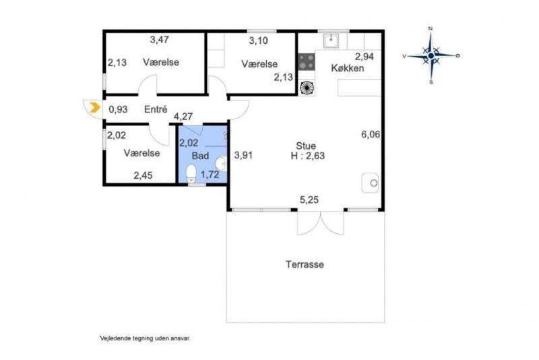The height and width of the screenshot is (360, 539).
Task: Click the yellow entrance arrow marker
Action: [x=94, y=108]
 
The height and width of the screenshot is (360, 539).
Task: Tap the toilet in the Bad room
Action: [x=191, y=174]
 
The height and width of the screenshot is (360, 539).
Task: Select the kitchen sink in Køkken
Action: [x=331, y=40]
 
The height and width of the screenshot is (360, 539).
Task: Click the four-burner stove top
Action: [x=307, y=62]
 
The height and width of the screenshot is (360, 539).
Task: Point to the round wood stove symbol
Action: [x=307, y=88]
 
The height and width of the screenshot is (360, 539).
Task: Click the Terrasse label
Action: [x=305, y=264]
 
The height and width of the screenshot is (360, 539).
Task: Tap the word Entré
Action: [x=156, y=109]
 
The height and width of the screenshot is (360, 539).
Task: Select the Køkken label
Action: [x=348, y=68]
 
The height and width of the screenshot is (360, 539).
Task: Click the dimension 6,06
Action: [x=371, y=134]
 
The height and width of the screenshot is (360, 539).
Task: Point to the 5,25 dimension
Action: [x=309, y=200]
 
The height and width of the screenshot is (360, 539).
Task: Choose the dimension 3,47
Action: [x=160, y=40]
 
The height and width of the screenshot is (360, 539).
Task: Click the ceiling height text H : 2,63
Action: [x=308, y=156]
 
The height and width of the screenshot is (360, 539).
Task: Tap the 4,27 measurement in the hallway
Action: [x=183, y=117]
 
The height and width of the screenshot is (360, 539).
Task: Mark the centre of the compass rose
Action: [x=431, y=55]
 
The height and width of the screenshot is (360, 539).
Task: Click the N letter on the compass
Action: [x=431, y=28]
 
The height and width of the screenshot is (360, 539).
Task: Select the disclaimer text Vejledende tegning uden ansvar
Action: [x=145, y=338]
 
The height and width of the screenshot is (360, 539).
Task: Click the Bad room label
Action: [x=200, y=156]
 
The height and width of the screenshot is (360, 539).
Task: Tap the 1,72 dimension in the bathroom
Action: [x=210, y=175]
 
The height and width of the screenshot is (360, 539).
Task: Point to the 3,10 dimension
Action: [x=259, y=41]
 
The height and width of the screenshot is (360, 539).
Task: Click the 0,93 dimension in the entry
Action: [x=119, y=110]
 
